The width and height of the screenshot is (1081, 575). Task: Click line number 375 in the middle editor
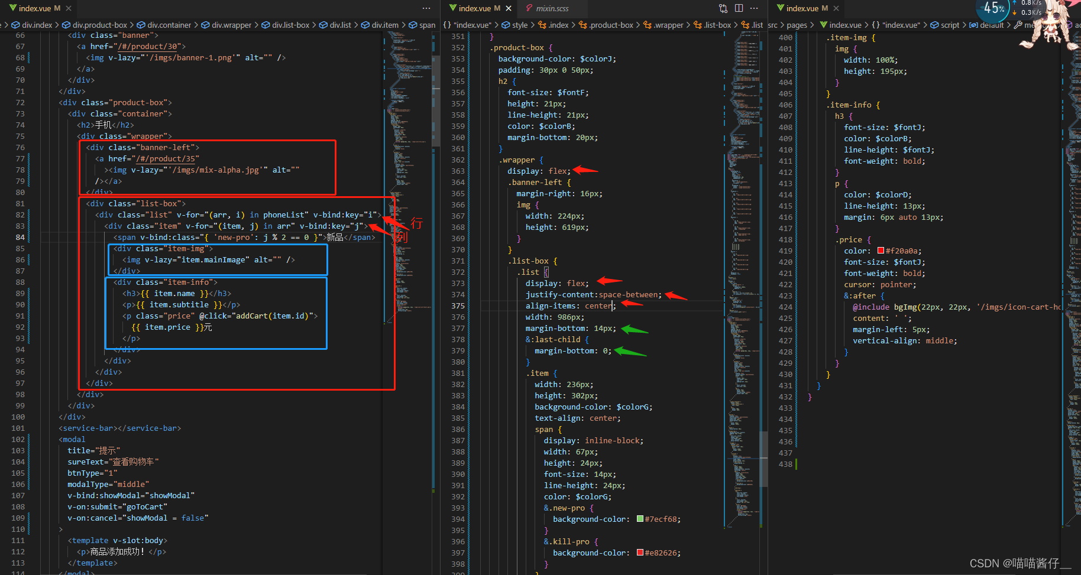coord(458,306)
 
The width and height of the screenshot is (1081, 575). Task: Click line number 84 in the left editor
coord(20,238)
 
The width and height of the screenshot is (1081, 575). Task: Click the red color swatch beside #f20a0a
coord(881,251)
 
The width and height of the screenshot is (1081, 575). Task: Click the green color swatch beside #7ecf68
coord(640,519)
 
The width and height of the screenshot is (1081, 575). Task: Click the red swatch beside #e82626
coord(640,553)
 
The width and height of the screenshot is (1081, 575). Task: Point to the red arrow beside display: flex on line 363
coord(585,170)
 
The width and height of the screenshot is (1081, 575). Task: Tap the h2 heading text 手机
coord(103,125)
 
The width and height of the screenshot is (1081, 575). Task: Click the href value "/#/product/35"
coord(167,158)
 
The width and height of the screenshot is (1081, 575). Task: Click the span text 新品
coord(335,237)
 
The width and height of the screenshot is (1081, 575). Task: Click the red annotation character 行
coord(416,223)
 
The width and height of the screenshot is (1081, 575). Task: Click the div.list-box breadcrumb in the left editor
coord(290,25)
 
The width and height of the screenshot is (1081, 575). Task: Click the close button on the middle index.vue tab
coord(509,8)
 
